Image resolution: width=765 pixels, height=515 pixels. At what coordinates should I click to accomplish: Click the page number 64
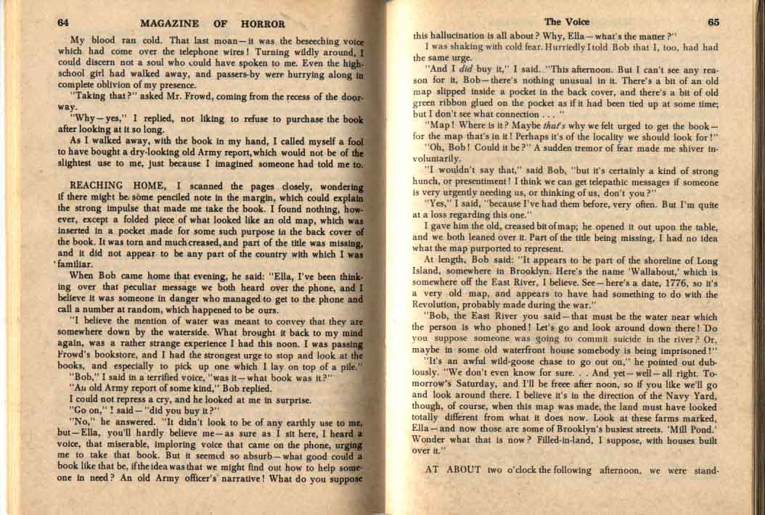tap(65, 22)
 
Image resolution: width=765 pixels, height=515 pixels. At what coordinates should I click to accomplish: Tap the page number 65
tap(713, 22)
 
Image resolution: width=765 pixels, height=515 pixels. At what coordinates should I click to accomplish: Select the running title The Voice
tap(566, 22)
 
